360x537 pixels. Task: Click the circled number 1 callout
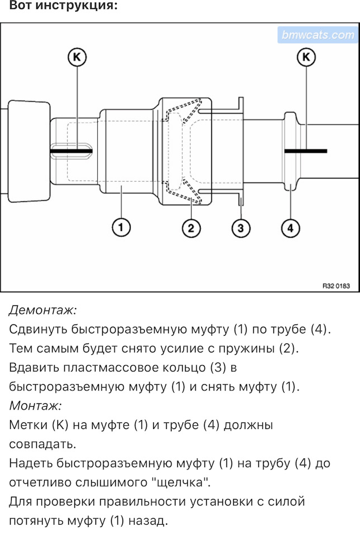[121, 228]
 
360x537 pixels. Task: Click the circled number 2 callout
[191, 228]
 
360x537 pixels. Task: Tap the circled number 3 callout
[241, 228]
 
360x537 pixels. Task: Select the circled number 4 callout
[290, 228]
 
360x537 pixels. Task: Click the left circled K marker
[77, 56]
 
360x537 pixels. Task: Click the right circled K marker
[306, 56]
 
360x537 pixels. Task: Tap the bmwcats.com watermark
[317, 35]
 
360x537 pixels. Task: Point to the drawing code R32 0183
[335, 285]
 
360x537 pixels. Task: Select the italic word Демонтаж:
[43, 309]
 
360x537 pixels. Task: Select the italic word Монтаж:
[36, 406]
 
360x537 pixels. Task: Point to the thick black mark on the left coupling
[71, 150]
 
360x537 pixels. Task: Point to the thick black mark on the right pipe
[305, 150]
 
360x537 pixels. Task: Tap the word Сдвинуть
[40, 329]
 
